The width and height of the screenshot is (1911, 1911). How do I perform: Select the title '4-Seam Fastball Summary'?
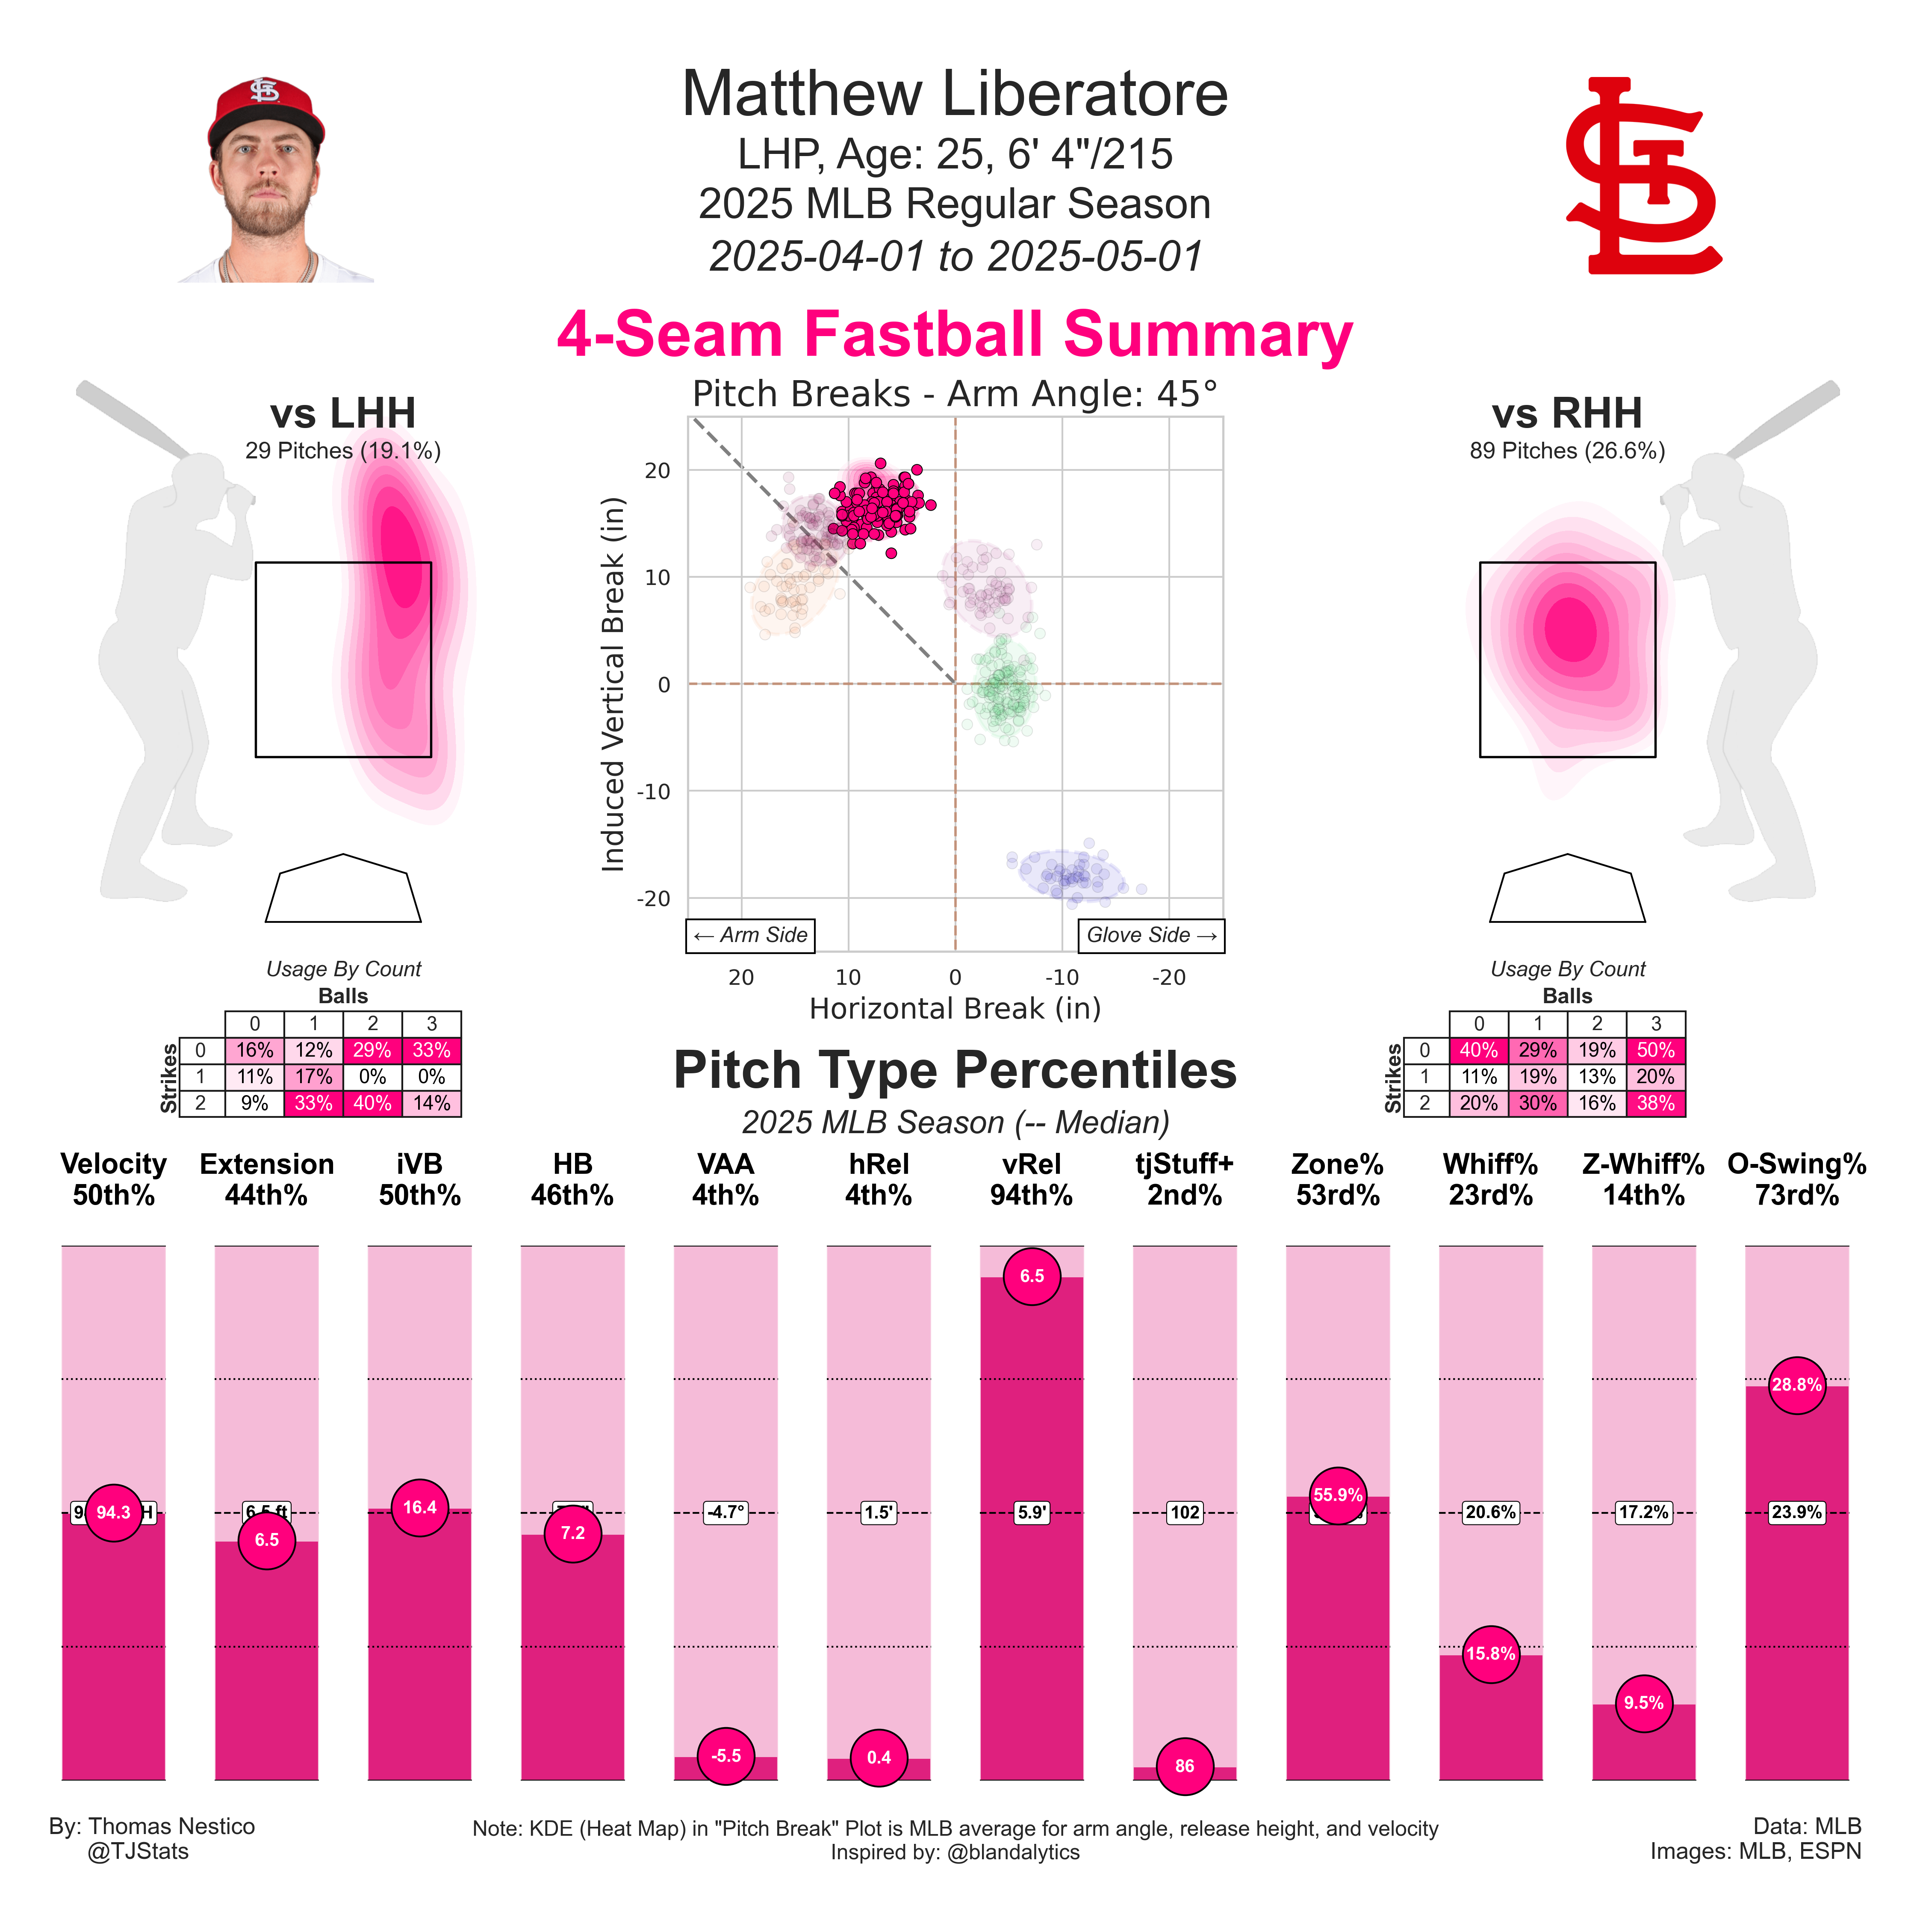(955, 334)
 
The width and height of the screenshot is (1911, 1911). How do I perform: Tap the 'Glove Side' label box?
(1150, 935)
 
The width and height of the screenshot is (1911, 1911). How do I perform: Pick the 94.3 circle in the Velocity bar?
(114, 1512)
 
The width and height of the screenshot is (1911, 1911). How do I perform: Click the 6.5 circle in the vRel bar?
(1032, 1276)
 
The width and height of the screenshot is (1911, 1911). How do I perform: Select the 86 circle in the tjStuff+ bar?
(1184, 1766)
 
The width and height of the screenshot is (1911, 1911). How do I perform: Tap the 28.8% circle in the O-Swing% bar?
(1796, 1385)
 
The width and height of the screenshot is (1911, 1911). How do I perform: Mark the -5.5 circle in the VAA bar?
(726, 1756)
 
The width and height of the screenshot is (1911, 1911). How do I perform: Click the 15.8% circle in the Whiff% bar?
(1491, 1654)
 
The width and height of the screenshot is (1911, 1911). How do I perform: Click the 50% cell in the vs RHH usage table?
(1655, 1051)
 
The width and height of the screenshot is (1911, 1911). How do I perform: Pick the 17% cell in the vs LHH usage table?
(313, 1076)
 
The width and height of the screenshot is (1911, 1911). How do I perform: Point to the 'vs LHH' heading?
(343, 414)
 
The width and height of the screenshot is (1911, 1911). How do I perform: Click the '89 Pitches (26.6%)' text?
(1567, 451)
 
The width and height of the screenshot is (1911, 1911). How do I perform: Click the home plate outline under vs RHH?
(1567, 890)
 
